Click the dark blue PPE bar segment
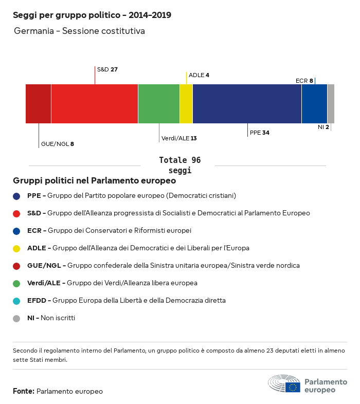pos(247,104)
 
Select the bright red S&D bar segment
pos(95,104)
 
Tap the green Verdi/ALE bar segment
pos(159,104)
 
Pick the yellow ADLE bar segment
pos(186,104)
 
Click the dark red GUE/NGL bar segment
pos(39,104)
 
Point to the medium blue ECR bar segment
pos(314,104)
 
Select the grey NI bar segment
pos(331,104)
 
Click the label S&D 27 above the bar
pos(107,69)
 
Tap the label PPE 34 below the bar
pos(260,133)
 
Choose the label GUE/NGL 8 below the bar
pos(58,144)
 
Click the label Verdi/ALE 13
pos(179,138)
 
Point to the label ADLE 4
pos(199,75)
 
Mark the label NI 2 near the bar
pos(323,126)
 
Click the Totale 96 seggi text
pos(179,166)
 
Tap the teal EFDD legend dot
pos(16,301)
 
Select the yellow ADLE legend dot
pos(16,248)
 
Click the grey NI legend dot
pos(16,318)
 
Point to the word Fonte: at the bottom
pos(24,391)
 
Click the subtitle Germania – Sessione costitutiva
pos(79,31)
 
